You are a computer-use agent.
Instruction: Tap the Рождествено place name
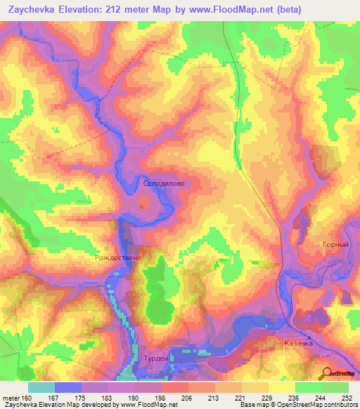[x=118, y=258]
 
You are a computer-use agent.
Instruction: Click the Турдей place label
[x=155, y=358]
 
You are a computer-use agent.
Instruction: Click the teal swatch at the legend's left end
[x=41, y=387]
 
